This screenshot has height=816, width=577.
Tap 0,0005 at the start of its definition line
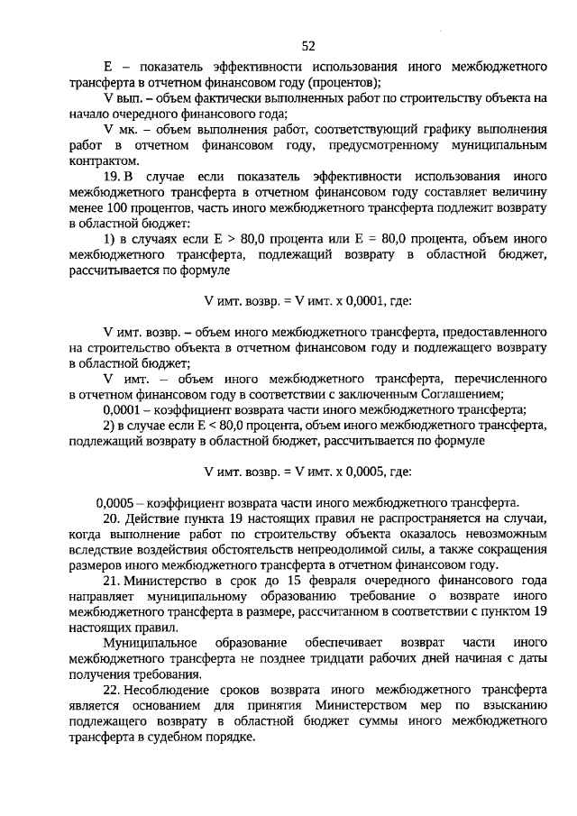[114, 501]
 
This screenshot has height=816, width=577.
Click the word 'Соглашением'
[464, 394]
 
